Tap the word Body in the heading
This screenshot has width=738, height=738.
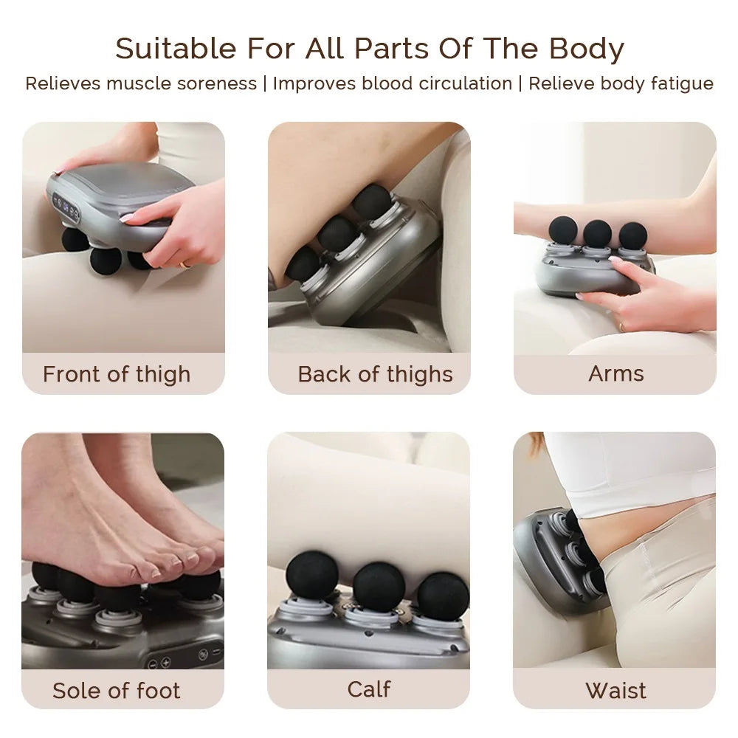(x=587, y=49)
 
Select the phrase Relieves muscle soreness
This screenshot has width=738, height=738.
(x=140, y=83)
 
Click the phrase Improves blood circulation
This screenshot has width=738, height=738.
(x=392, y=83)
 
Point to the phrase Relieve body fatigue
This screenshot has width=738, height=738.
(x=621, y=83)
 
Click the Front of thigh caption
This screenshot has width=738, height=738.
(x=117, y=374)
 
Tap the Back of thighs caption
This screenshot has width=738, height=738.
(x=375, y=374)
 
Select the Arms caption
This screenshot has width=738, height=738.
(x=615, y=373)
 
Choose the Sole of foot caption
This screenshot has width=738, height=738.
(x=117, y=691)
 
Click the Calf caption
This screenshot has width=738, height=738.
(x=369, y=689)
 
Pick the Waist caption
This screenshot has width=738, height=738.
(x=615, y=691)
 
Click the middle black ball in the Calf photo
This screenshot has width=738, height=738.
(x=379, y=586)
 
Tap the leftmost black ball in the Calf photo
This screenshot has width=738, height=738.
(x=313, y=575)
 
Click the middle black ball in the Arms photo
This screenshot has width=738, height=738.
(x=597, y=233)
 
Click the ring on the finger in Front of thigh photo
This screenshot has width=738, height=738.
(x=184, y=263)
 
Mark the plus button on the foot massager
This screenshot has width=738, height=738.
(x=166, y=663)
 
